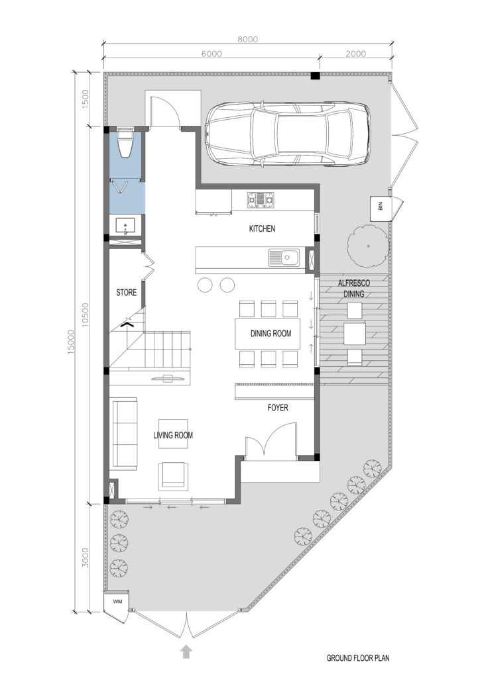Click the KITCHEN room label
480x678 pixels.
tap(262, 228)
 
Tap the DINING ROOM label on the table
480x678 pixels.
tap(270, 334)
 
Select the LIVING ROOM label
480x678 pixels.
tap(173, 435)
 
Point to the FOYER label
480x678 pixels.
tap(277, 407)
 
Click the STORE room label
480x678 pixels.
tap(127, 293)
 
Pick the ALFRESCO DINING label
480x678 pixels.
tap(354, 289)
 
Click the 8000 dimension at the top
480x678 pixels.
tap(247, 39)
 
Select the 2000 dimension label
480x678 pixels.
tap(356, 54)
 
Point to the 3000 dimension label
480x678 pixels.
tap(86, 557)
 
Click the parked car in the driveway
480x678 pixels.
tap(287, 134)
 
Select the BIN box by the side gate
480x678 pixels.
tap(381, 209)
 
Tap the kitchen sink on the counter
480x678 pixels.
tap(284, 258)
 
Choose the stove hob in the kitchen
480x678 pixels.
tap(261, 201)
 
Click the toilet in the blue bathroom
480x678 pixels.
tap(125, 142)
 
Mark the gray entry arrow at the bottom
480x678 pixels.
tap(186, 652)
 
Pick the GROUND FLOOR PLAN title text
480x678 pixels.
tap(357, 658)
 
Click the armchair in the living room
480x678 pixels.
tap(173, 475)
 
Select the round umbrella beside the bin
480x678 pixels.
tap(368, 246)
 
